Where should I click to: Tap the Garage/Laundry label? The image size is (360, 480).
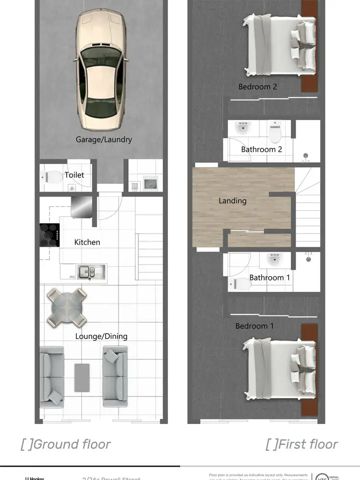coord(104,140)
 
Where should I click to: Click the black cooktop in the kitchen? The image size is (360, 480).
coord(49,235)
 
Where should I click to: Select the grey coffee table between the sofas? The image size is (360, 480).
coord(82,376)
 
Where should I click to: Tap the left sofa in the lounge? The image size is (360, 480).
coord(51,374)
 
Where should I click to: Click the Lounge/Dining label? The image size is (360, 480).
coord(101,336)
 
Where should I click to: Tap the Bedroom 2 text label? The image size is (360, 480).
coord(258,87)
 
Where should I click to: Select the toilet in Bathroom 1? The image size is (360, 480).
coord(240,284)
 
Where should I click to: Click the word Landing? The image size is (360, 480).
coord(232,201)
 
